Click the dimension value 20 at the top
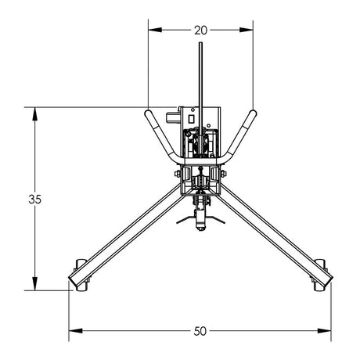[x=200, y=31]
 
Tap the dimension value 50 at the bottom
[x=200, y=331]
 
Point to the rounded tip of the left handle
[x=146, y=114]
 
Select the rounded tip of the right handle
[x=253, y=114]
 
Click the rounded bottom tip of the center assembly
[x=201, y=228]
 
